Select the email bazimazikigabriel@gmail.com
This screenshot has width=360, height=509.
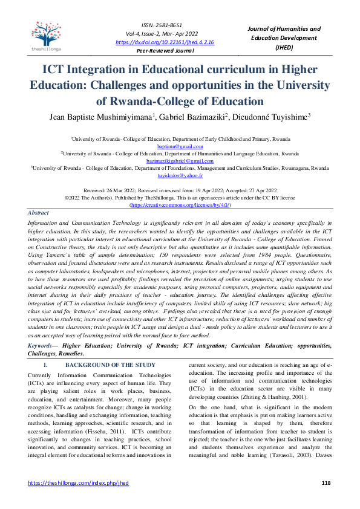click(180, 161)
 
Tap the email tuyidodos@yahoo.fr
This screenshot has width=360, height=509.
click(180, 175)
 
